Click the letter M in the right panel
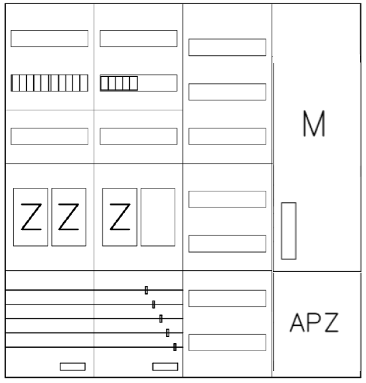(x=314, y=124)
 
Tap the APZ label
(x=314, y=322)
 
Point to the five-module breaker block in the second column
(x=119, y=83)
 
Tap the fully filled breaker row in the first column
(x=50, y=83)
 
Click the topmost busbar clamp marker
(x=146, y=290)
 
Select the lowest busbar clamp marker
(x=175, y=347)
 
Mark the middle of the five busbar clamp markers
(x=161, y=319)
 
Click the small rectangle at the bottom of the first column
(x=72, y=366)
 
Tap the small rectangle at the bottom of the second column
(x=165, y=366)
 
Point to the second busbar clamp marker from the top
(x=153, y=305)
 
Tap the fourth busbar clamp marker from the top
(x=167, y=332)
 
